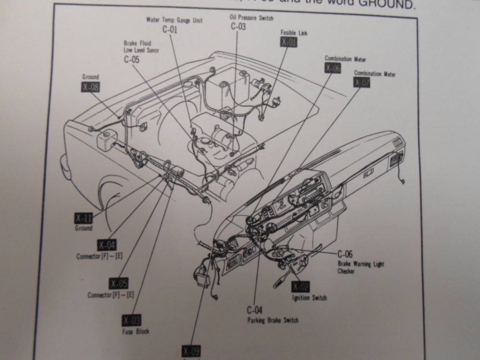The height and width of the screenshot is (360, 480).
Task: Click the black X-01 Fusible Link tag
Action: pos(289,42)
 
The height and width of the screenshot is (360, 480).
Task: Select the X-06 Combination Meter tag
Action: pos(333,68)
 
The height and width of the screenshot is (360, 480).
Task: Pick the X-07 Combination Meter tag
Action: pos(362,82)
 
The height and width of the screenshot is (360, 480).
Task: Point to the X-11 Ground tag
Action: pos(83,218)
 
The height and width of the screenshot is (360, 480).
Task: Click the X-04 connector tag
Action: pos(107,245)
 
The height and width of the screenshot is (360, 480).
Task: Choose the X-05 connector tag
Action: pos(119,283)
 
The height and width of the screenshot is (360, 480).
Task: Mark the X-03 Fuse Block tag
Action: pos(131,320)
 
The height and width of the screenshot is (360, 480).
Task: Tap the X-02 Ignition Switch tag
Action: pos(300,287)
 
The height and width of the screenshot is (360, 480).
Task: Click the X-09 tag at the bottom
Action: pos(191,351)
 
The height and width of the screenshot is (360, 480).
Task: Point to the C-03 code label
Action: pos(238,27)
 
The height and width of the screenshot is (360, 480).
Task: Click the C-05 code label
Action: pos(132,60)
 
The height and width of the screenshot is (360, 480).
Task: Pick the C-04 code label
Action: pos(255,310)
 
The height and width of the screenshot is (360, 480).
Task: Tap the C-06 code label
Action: pos(345,254)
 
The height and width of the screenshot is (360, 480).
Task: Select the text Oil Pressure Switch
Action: pos(251,18)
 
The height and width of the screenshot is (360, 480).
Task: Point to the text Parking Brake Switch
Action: pos(273,320)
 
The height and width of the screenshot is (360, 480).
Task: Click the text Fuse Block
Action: pos(135,332)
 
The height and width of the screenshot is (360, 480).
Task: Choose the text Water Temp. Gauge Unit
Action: pos(174,21)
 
